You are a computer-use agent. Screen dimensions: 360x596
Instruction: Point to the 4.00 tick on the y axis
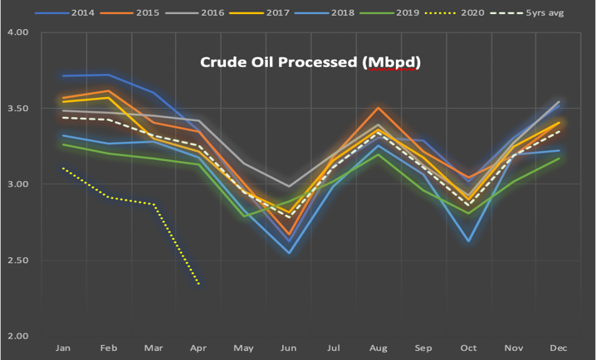click(17, 32)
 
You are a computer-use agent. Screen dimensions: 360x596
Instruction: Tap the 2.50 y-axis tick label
click(17, 260)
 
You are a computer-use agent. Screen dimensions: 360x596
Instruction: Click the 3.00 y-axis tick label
click(17, 184)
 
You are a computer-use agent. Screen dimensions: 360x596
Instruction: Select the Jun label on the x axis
click(289, 347)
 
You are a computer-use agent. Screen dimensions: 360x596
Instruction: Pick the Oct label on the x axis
click(470, 347)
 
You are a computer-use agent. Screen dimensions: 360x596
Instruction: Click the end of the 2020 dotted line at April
click(199, 285)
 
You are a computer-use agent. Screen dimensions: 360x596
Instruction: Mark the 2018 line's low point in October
click(470, 241)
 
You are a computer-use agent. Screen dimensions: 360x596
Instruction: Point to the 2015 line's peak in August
click(379, 108)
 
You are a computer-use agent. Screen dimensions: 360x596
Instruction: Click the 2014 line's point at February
click(108, 75)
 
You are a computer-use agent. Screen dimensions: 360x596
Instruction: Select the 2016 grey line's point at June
click(289, 187)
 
